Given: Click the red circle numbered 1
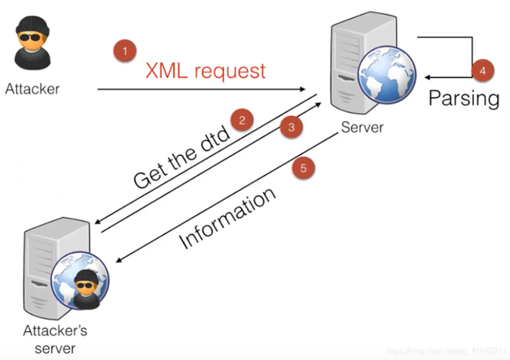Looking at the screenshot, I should tap(125, 51).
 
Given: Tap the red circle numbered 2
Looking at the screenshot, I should tap(243, 120).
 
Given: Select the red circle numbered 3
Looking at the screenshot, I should tap(291, 127).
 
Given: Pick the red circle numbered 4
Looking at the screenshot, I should tap(483, 71).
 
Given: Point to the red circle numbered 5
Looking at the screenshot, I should tap(303, 168).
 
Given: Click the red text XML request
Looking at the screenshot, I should tap(205, 71).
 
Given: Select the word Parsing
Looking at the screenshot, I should tap(464, 98).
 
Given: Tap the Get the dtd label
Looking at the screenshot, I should tap(181, 158).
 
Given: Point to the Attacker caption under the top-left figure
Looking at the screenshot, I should tap(32, 89).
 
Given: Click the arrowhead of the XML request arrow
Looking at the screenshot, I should tap(304, 89).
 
